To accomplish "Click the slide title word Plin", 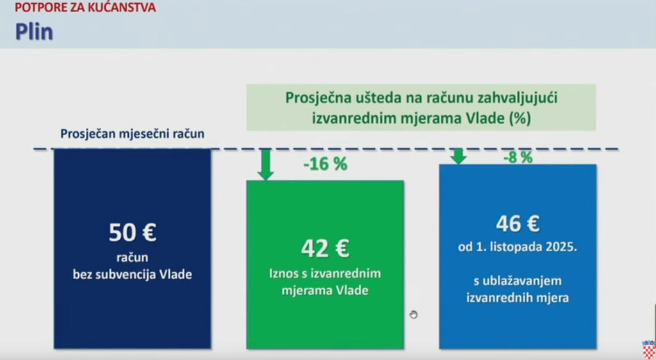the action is pos(35,32).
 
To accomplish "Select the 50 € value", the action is pos(133,233).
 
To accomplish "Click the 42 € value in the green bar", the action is pos(325,249).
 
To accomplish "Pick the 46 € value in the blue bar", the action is pos(518,224).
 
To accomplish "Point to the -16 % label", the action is pos(325,164).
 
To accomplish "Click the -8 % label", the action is pos(518,158).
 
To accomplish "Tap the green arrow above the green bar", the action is pos(265,165).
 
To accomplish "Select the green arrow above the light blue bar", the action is pos(459,156).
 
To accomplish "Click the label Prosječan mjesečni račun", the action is pos(132,134).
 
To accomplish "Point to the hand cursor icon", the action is pos(413,315).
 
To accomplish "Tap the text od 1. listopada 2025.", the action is pos(518,247).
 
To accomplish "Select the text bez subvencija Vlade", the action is pos(132,274).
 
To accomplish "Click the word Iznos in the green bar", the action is pos(283,274).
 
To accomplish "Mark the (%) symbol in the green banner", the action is pos(520,119).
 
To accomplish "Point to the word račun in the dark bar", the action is pos(132,258).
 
